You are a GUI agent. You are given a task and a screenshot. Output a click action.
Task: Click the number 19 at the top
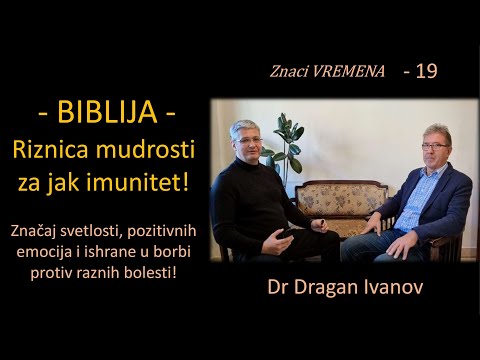424,72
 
